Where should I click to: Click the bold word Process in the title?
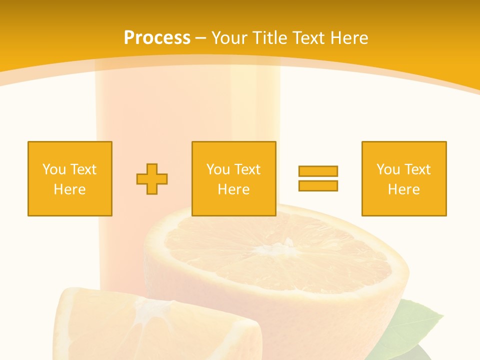157,38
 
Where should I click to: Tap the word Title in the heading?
270,38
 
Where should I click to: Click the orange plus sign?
152,178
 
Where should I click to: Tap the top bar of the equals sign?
318,171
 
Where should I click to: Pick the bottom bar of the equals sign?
318,185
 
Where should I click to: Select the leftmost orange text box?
69,178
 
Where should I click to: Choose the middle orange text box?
233,178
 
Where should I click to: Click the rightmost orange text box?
403,178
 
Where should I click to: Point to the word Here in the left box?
69,189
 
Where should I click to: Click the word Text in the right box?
417,169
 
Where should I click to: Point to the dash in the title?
201,38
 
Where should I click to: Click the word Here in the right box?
403,189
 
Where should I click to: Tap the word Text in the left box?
83,169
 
